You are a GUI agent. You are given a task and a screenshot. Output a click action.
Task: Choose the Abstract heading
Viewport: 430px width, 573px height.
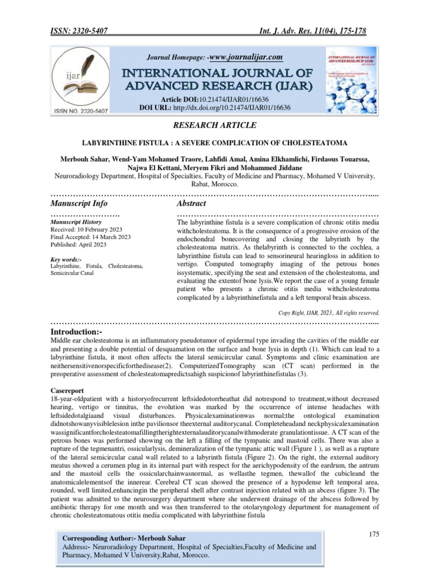191,203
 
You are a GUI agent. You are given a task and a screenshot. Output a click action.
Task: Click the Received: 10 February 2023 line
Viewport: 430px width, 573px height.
91,229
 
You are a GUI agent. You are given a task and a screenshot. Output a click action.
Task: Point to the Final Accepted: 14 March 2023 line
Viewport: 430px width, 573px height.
91,237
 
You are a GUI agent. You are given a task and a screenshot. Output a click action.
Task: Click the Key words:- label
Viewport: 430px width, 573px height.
66,260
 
